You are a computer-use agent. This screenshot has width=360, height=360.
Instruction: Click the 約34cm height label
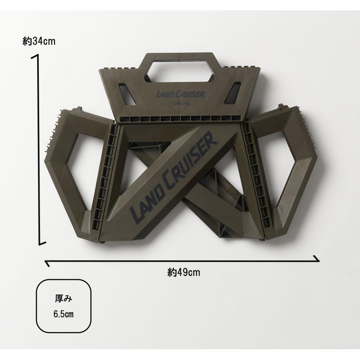(39, 41)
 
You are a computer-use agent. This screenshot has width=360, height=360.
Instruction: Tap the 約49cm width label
(184, 272)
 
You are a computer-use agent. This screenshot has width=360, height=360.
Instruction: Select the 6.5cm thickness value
(64, 314)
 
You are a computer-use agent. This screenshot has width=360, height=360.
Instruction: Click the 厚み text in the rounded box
(64, 299)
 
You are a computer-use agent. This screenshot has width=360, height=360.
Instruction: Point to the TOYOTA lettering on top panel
(180, 104)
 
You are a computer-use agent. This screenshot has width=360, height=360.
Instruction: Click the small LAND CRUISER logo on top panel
(180, 94)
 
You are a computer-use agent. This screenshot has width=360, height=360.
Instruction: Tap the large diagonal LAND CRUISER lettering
(174, 179)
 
